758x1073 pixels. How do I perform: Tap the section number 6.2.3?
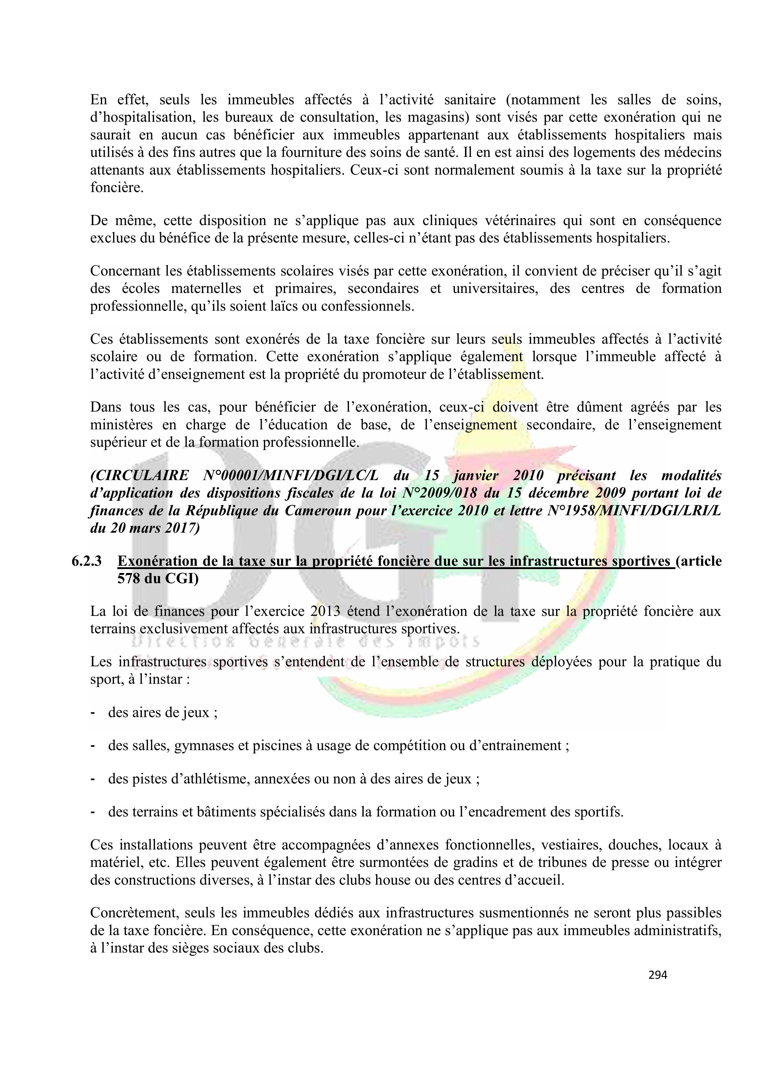click(86, 561)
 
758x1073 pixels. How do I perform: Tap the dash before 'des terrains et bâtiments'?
click(93, 812)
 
